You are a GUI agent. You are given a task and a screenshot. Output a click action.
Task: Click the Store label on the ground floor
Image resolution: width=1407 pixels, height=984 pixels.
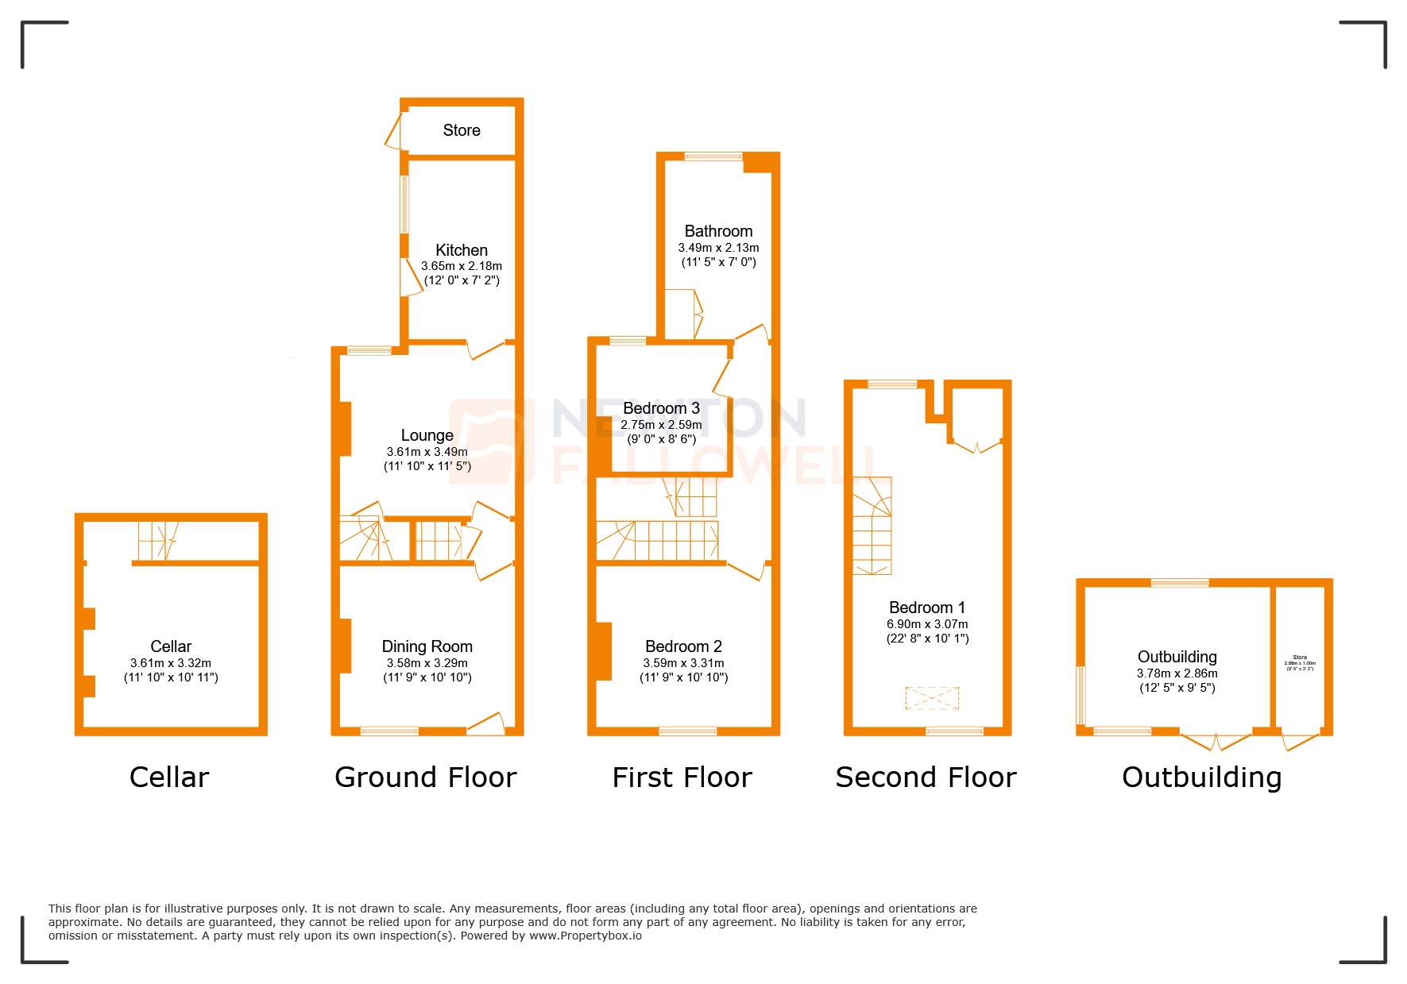pyautogui.click(x=462, y=130)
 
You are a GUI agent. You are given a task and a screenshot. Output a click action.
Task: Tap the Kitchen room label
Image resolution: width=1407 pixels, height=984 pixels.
pyautogui.click(x=462, y=250)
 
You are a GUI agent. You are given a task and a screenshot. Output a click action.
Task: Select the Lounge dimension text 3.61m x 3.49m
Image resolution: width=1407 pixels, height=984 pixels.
pyautogui.click(x=427, y=452)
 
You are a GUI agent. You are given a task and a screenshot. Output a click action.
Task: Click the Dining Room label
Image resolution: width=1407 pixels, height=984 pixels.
pyautogui.click(x=427, y=646)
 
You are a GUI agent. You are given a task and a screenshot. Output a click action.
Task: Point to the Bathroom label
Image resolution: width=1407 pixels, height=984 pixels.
pyautogui.click(x=718, y=231)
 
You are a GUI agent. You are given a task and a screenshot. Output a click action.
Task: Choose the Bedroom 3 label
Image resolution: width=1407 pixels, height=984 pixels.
pyautogui.click(x=661, y=408)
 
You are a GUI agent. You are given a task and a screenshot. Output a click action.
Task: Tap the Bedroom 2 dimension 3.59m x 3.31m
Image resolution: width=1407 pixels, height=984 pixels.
pyautogui.click(x=683, y=663)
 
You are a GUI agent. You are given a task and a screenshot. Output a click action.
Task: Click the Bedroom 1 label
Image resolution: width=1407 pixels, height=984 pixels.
pyautogui.click(x=927, y=608)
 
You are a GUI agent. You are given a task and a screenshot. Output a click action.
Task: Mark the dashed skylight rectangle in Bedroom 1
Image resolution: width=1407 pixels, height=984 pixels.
pyautogui.click(x=932, y=698)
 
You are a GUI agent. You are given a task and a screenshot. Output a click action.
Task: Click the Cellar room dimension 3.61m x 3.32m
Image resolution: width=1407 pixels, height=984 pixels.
pyautogui.click(x=171, y=663)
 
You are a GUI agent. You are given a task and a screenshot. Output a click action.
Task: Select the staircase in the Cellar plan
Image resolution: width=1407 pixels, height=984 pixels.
pyautogui.click(x=158, y=541)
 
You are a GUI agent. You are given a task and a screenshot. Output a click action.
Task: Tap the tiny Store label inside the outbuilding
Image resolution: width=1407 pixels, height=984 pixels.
pyautogui.click(x=1300, y=658)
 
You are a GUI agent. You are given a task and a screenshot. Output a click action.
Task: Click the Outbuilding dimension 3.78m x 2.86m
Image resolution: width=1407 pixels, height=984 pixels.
pyautogui.click(x=1177, y=673)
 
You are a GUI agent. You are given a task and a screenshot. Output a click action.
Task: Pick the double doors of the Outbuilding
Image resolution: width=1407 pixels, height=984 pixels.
pyautogui.click(x=1216, y=741)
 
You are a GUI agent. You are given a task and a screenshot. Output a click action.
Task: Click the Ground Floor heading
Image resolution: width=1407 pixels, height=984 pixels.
pyautogui.click(x=426, y=778)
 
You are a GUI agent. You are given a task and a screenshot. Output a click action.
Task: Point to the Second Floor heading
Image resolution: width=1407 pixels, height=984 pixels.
pyautogui.click(x=926, y=778)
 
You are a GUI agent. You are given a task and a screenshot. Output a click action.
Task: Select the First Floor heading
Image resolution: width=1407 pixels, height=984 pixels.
pyautogui.click(x=682, y=778)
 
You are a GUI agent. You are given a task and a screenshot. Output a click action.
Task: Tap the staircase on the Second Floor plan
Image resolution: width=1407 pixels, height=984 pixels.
pyautogui.click(x=872, y=526)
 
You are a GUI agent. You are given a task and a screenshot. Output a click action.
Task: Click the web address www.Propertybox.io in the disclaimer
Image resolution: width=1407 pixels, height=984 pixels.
pyautogui.click(x=586, y=936)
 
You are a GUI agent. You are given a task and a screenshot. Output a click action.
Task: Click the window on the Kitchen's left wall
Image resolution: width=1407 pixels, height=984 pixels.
pyautogui.click(x=404, y=204)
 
